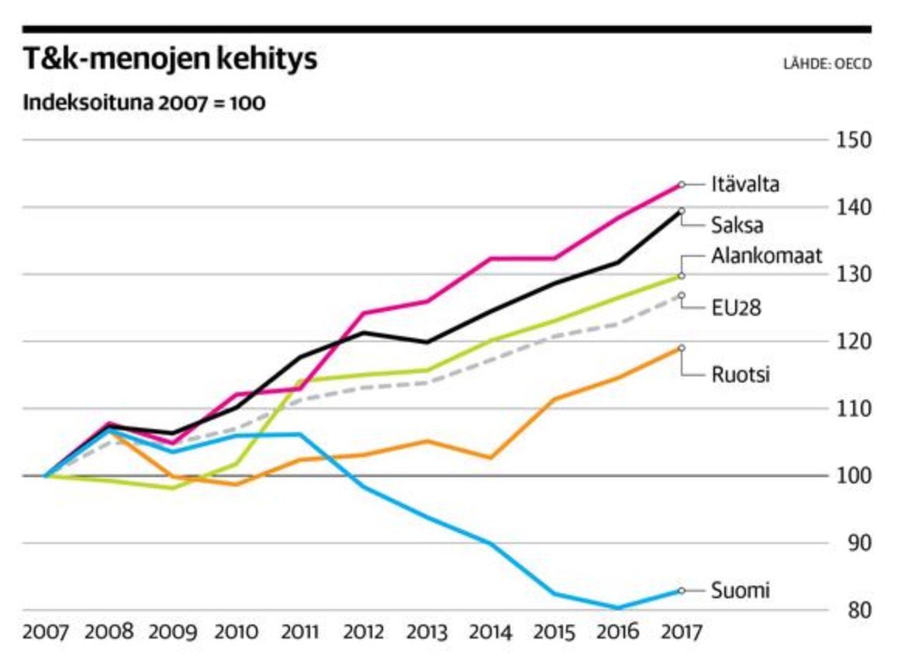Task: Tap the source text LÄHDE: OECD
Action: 827,64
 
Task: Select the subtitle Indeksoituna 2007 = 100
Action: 144,103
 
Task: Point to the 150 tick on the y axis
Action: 853,140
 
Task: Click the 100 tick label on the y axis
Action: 853,476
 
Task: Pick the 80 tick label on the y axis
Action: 853,610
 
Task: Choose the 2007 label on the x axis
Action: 46,632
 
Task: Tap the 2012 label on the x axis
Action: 363,632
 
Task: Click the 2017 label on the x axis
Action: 680,632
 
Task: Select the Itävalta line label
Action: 745,185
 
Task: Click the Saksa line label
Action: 737,226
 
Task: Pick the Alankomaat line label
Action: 766,257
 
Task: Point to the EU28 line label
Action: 736,308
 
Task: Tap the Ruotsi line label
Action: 741,375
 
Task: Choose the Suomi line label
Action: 741,590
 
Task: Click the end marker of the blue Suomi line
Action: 681,590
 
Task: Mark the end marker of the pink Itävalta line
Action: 681,185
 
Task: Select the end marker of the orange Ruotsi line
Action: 681,348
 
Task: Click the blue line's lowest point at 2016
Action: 618,608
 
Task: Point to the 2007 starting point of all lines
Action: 46,476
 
